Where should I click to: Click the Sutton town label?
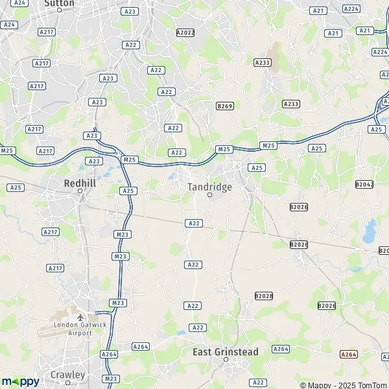[x=59, y=3]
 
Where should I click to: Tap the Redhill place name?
[x=80, y=183]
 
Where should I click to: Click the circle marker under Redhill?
[x=80, y=191]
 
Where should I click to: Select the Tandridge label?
[x=209, y=186]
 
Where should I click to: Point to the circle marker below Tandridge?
[x=209, y=194]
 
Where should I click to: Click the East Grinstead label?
[x=226, y=352]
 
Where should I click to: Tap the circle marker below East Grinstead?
[x=226, y=360]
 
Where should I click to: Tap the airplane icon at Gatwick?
[x=80, y=318]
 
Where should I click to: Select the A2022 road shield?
[x=185, y=32]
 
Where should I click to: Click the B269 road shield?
[x=224, y=106]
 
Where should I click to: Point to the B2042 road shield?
[x=364, y=185]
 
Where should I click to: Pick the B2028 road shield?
[x=264, y=296]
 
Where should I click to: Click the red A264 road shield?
[x=349, y=354]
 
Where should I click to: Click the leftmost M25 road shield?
[x=7, y=150]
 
